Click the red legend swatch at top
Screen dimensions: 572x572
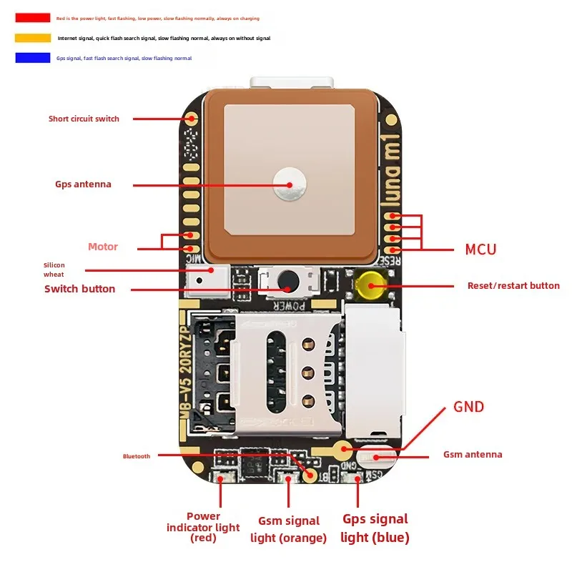tap(32, 18)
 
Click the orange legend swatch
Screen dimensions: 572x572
tap(32, 38)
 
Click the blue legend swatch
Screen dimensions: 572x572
tap(32, 58)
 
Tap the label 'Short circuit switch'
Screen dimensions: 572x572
tap(84, 119)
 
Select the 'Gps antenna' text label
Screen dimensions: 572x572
tap(83, 184)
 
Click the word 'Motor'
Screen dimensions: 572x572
tap(103, 247)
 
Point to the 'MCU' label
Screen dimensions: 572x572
tap(480, 250)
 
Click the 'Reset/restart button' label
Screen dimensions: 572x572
tap(513, 285)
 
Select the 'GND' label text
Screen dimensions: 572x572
tap(468, 407)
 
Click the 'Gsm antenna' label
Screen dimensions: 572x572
tap(473, 455)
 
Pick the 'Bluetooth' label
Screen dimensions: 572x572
tap(137, 456)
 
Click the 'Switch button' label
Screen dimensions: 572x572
tap(79, 289)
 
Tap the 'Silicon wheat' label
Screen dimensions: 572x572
tap(54, 270)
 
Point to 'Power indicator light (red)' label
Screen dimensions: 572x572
tap(203, 527)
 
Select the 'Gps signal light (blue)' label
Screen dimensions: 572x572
tap(375, 528)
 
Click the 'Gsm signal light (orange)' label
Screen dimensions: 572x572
tap(288, 529)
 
